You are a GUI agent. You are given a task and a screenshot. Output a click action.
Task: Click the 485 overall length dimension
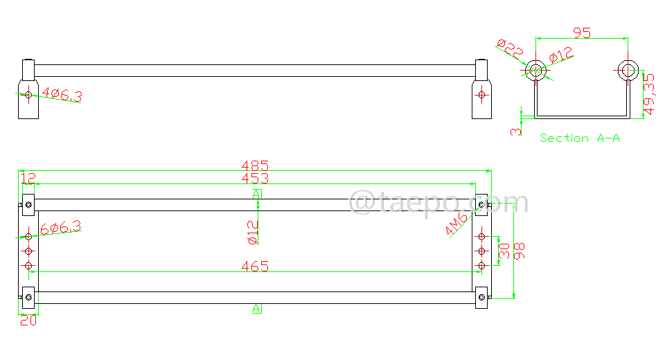tap(255, 166)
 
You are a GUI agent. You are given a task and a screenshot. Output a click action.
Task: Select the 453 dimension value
tap(255, 179)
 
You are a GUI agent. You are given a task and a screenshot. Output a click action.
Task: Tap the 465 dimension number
tap(255, 267)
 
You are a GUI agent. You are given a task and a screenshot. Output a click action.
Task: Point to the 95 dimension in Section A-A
tap(582, 33)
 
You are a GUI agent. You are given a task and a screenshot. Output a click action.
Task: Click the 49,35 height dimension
tap(649, 94)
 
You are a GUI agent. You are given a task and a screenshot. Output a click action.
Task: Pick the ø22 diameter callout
tap(511, 48)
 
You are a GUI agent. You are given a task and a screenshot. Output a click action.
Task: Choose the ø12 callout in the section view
tap(561, 55)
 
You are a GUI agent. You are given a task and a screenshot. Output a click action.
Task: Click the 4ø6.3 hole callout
tap(62, 94)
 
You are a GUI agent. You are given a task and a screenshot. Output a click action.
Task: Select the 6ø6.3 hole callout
tap(61, 227)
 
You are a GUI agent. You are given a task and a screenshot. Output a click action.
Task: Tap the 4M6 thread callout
tap(458, 223)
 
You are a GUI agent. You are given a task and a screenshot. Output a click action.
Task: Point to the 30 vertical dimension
tap(505, 251)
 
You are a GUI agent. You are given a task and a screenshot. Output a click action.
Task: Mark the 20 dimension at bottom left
tap(28, 321)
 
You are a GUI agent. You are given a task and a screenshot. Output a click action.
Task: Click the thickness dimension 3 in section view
tap(516, 131)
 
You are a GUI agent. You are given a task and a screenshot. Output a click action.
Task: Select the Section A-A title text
tap(580, 138)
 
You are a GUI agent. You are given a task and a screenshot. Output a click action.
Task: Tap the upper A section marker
tap(256, 194)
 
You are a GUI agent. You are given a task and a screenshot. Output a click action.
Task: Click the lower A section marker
tap(256, 308)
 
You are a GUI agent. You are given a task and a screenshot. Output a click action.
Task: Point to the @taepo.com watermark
tap(438, 203)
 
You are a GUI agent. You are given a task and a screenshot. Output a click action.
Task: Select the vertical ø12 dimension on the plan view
tap(252, 232)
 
